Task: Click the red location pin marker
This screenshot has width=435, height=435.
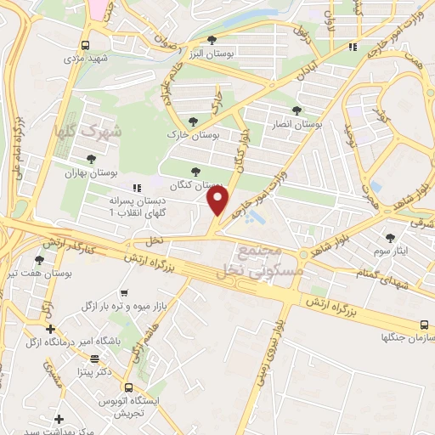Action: (x=218, y=199)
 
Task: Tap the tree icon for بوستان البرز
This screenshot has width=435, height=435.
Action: (x=212, y=39)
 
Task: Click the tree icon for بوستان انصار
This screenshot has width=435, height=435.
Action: (x=297, y=110)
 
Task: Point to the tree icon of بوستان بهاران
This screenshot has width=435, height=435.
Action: (x=89, y=158)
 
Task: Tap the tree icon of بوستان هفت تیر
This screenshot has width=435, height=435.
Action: (x=39, y=260)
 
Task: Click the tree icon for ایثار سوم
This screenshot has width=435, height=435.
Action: (x=390, y=238)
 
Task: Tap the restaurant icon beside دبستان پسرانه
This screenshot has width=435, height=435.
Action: (x=133, y=187)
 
